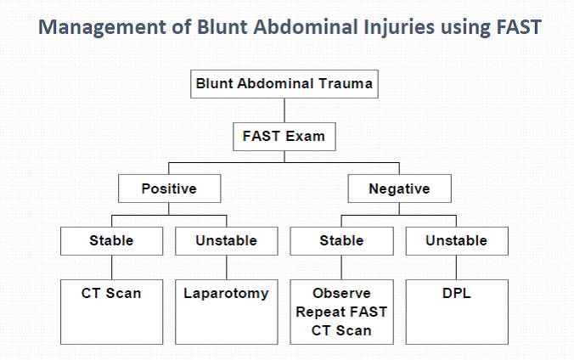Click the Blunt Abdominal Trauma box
pyautogui.click(x=284, y=84)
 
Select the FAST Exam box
pyautogui.click(x=284, y=134)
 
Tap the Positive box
pyautogui.click(x=170, y=188)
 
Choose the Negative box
pyautogui.click(x=398, y=188)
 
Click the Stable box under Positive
pyautogui.click(x=111, y=241)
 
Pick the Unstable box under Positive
pyautogui.click(x=226, y=241)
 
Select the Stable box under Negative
pyautogui.click(x=341, y=241)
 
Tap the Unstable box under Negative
pyautogui.click(x=456, y=241)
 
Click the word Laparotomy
pyautogui.click(x=226, y=294)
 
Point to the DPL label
pyautogui.click(x=456, y=294)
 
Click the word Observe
pyautogui.click(x=341, y=294)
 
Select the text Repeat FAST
pyautogui.click(x=341, y=312)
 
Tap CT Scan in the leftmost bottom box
pyautogui.click(x=111, y=294)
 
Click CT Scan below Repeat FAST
pyautogui.click(x=341, y=330)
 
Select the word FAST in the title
pyautogui.click(x=515, y=26)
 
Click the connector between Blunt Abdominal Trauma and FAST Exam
pyautogui.click(x=284, y=110)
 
